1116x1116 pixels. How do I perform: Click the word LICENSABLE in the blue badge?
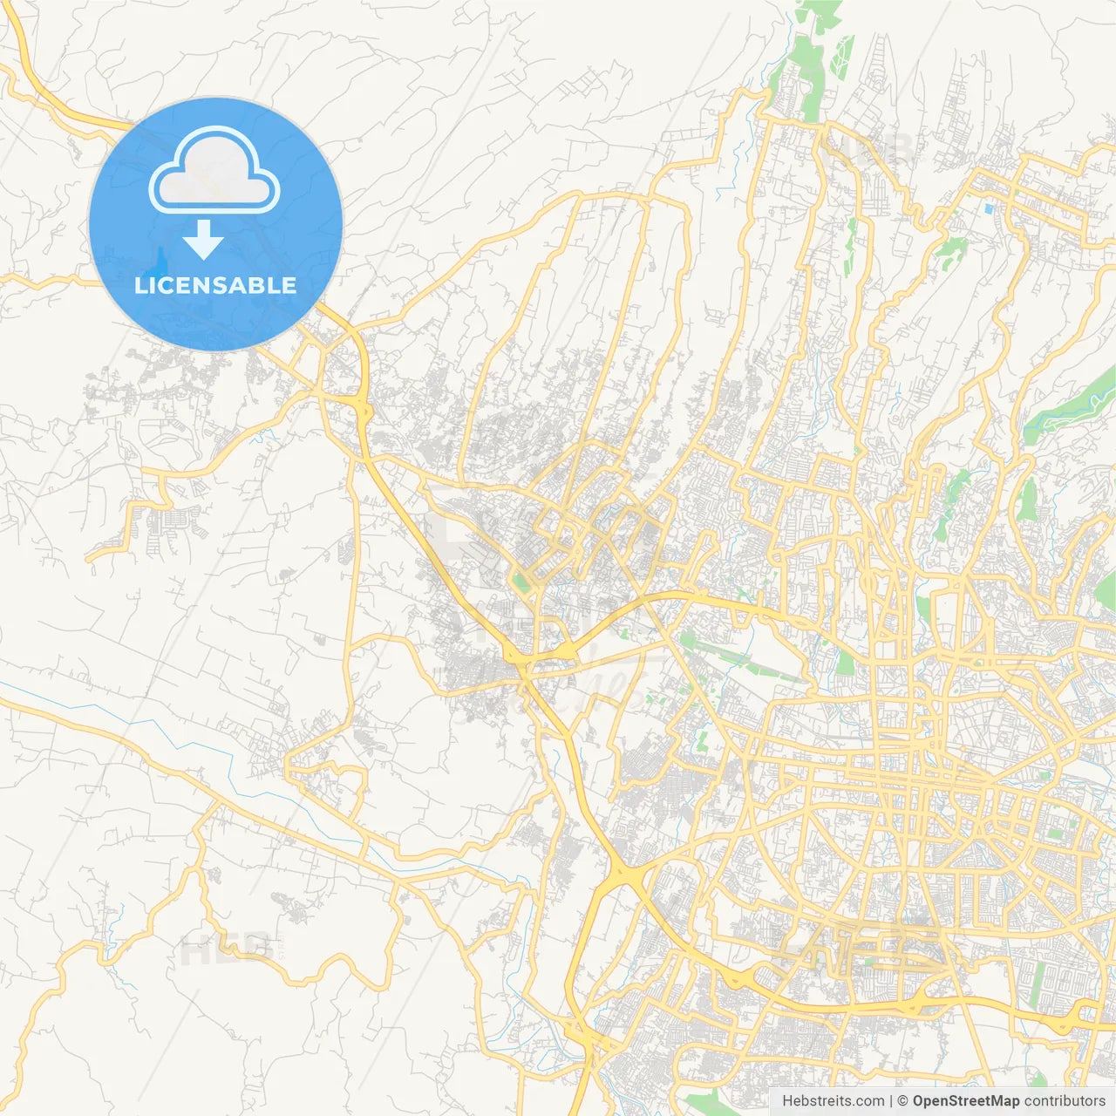[215, 285]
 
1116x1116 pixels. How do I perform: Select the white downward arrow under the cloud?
[203, 240]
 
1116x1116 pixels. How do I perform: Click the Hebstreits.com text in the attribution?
[833, 1101]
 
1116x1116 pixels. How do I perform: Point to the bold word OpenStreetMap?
[965, 1101]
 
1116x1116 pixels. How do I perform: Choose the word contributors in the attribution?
[1065, 1101]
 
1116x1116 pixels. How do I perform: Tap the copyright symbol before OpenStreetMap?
[903, 1101]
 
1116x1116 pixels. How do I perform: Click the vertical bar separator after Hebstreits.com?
[891, 1101]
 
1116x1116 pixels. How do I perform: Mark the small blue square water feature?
[988, 209]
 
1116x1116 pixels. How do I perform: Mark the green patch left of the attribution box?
[706, 1100]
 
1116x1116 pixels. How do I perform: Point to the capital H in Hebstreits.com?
[787, 1101]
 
